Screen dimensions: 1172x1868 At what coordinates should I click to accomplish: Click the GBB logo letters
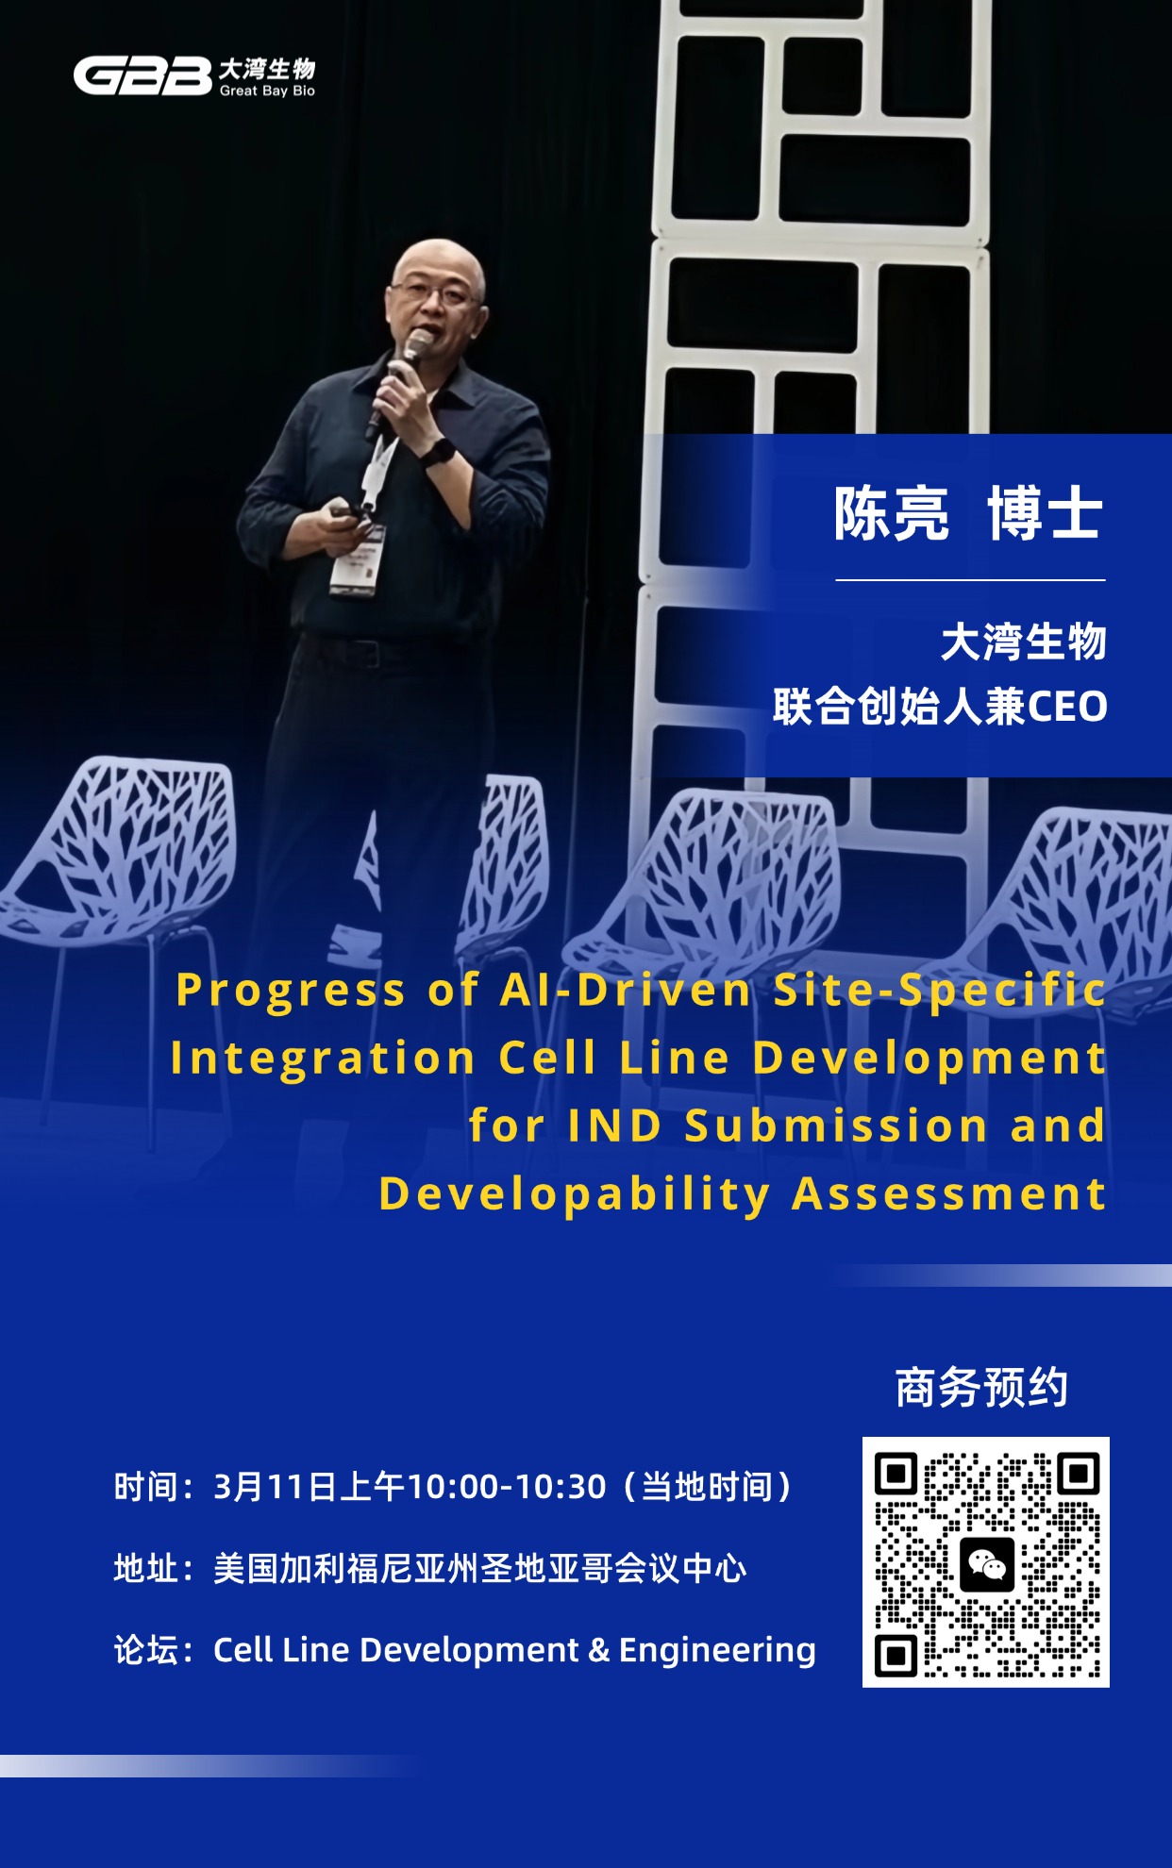[x=142, y=76]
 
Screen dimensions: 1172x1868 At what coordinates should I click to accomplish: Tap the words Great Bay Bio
[x=267, y=91]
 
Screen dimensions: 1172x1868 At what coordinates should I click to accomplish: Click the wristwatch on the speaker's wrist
[x=438, y=452]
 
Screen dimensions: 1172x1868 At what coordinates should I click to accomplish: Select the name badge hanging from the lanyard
[x=358, y=560]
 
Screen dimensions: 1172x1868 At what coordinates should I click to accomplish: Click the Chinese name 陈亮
[x=892, y=514]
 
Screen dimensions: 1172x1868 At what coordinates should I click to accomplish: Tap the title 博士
[x=1046, y=514]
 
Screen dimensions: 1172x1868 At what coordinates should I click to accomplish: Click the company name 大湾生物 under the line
[x=1024, y=642]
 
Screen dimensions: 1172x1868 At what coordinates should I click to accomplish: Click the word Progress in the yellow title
[x=291, y=992]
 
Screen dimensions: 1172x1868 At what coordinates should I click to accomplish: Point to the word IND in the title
[x=614, y=1126]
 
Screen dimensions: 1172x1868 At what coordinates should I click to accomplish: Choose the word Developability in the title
[x=575, y=1195]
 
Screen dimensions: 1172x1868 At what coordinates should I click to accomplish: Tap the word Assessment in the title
[x=948, y=1193]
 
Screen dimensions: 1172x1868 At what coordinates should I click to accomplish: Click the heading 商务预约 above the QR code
[x=981, y=1388]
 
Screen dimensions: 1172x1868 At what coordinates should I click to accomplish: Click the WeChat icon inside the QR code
[x=986, y=1564]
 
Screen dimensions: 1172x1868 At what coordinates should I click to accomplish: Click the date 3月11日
[x=275, y=1487]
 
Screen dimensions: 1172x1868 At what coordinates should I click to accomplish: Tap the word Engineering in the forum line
[x=717, y=1650]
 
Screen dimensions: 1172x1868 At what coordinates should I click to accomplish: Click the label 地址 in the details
[x=146, y=1568]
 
